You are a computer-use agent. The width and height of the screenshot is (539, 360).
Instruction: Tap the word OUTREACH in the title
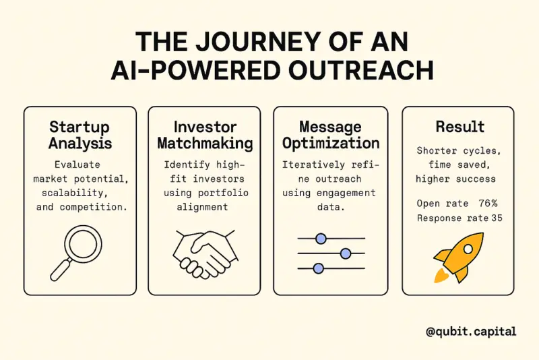pos(361,70)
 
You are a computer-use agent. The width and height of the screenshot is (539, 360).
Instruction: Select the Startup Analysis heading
pos(80,135)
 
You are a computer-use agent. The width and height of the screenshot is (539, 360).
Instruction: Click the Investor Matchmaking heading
pos(205,135)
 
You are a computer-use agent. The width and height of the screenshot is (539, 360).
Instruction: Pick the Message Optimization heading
pos(331,135)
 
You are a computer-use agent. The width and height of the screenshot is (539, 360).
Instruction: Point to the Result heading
pos(460,127)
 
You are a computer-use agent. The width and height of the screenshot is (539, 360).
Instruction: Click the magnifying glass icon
pos(76,253)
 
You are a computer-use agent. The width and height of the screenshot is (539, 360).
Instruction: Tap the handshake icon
pos(205,253)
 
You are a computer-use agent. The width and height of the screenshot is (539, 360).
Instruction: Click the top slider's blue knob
pos(321,238)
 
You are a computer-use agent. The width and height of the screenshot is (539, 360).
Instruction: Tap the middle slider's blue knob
pos(346,253)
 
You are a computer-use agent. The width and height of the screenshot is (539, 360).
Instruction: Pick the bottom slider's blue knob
pos(319,268)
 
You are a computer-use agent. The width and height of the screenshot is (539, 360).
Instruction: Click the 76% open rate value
pos(488,203)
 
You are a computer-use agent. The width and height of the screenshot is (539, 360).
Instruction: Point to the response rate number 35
pos(497,218)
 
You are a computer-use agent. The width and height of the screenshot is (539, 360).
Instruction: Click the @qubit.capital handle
pos(471,332)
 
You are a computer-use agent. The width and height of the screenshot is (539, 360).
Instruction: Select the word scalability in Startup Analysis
pos(75,193)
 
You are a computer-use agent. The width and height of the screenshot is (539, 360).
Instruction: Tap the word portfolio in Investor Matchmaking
pos(223,193)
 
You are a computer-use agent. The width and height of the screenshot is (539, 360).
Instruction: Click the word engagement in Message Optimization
pos(346,193)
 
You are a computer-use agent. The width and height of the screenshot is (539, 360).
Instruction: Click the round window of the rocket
pos(468,249)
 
